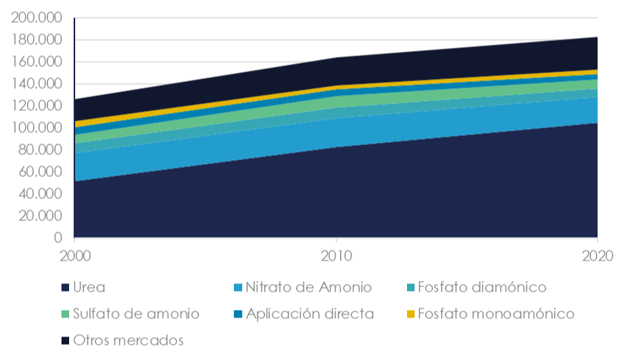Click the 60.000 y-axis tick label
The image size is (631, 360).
[x=43, y=172]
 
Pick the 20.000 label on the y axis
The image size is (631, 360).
[x=43, y=216]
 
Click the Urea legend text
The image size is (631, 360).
[x=89, y=288]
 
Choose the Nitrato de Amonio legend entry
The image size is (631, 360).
[x=308, y=288]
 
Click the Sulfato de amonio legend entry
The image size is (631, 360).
[x=136, y=314]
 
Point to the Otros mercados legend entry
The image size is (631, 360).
[x=128, y=340]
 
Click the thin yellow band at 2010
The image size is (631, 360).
[x=336, y=87]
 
